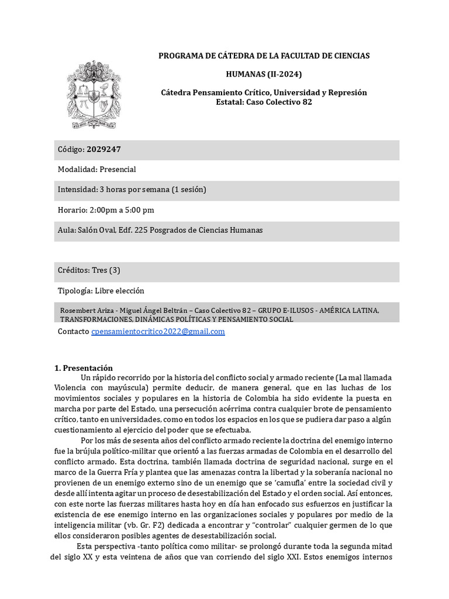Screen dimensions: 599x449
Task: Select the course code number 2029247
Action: tap(104, 150)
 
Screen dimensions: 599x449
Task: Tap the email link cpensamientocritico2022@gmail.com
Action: tap(158, 332)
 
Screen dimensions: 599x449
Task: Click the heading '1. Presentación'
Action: tap(83, 368)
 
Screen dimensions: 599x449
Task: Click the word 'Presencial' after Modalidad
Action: tap(118, 170)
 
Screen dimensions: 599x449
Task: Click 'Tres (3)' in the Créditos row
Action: tap(106, 270)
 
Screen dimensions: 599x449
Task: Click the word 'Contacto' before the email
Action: tap(74, 332)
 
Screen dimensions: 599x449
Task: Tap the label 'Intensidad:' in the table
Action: tap(77, 190)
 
